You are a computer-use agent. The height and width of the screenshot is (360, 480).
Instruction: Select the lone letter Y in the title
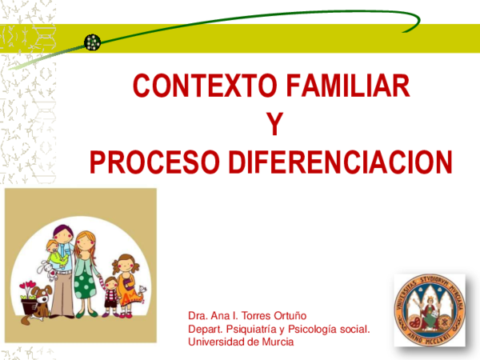(x=274, y=124)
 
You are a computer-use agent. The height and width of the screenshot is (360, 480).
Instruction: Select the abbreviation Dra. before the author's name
(x=198, y=315)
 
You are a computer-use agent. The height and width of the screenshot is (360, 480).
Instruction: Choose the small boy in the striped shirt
(x=110, y=294)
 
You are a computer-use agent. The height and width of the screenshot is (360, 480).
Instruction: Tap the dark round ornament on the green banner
(x=92, y=42)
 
